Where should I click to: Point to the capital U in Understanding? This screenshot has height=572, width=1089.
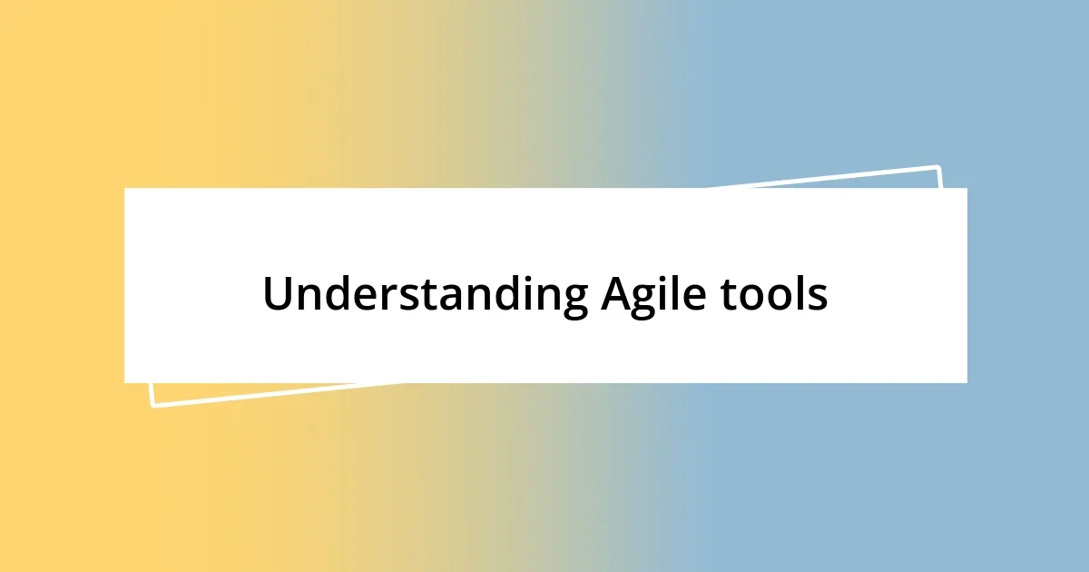click(278, 295)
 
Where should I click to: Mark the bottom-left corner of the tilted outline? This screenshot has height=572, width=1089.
click(152, 406)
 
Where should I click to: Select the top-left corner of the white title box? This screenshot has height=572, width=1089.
click(124, 188)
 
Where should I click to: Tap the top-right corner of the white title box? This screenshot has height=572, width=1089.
click(966, 188)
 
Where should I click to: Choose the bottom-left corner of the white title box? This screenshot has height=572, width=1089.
click(124, 382)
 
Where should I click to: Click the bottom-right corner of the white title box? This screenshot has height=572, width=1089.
click(966, 382)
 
